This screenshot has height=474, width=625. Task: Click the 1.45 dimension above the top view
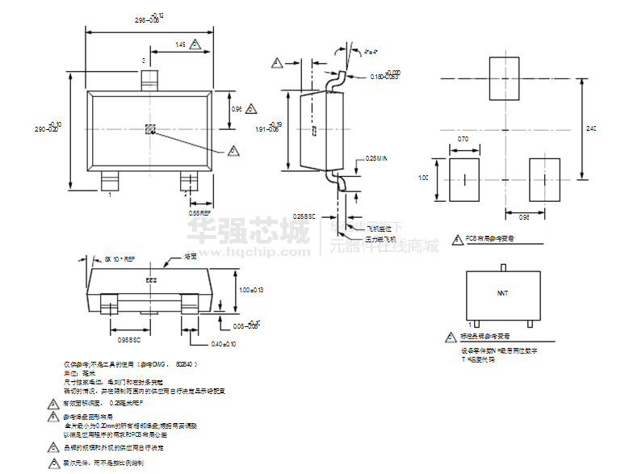(x=179, y=44)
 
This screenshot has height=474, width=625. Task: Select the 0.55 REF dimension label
(x=200, y=212)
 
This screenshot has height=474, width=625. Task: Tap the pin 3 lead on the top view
(x=149, y=80)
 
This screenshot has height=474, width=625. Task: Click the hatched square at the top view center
(x=149, y=128)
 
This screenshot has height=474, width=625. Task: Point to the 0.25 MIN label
(x=376, y=159)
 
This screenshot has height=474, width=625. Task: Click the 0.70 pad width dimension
(x=463, y=140)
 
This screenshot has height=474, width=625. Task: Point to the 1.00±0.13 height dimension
(x=252, y=289)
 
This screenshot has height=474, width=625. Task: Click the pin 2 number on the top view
(x=185, y=194)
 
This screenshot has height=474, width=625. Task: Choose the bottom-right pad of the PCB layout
(x=543, y=178)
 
